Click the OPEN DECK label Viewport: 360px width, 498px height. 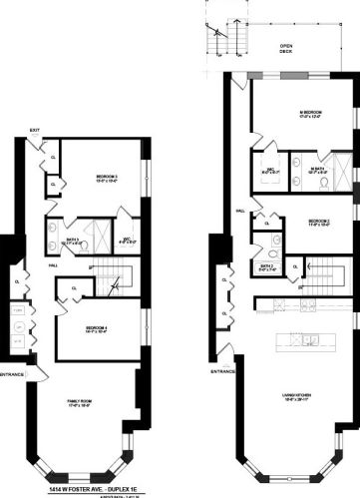[286, 48]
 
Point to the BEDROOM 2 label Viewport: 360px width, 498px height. [319, 222]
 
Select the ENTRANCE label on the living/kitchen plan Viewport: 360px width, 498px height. [222, 372]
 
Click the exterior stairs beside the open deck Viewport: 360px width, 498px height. [216, 39]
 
